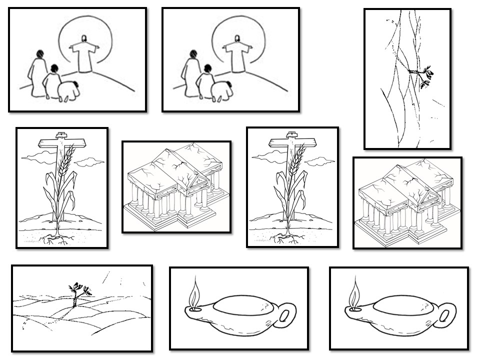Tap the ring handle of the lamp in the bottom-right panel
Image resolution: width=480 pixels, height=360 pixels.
point(448,315)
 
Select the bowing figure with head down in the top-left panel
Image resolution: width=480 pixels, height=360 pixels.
point(69,91)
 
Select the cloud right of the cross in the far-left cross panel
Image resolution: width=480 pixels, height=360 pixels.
point(90,161)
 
